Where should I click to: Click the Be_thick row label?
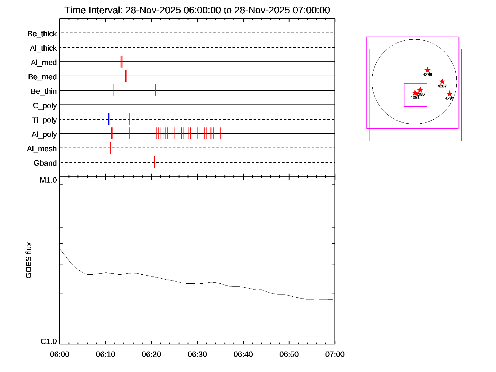(x=42, y=34)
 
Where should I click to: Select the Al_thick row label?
(x=43, y=48)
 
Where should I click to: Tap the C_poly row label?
(x=45, y=106)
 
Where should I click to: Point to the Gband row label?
(x=45, y=163)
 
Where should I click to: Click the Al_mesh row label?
(x=42, y=149)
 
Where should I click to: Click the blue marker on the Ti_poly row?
(x=108, y=119)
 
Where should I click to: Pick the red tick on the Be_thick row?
(x=118, y=33)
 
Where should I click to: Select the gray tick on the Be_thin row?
(x=210, y=90)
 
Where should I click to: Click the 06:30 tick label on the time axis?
(x=197, y=354)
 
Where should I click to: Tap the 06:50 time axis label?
(x=289, y=354)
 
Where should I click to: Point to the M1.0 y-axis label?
(x=48, y=180)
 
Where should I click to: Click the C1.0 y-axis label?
(x=49, y=342)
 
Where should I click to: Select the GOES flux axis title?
(x=29, y=260)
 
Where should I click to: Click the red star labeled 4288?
(x=427, y=70)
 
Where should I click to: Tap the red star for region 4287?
(x=442, y=82)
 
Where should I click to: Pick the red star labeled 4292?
(x=449, y=94)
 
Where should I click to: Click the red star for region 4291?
(x=415, y=93)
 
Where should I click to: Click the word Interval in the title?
(x=105, y=10)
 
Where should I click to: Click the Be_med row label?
(x=42, y=77)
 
